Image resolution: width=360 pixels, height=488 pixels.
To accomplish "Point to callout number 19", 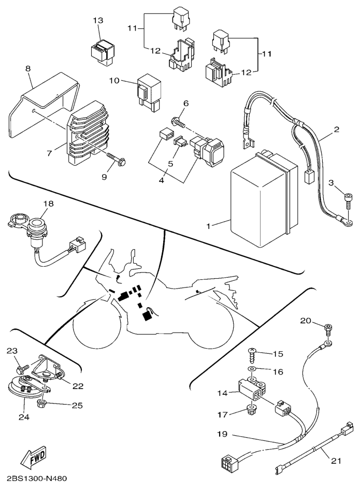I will [x=221, y=434].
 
